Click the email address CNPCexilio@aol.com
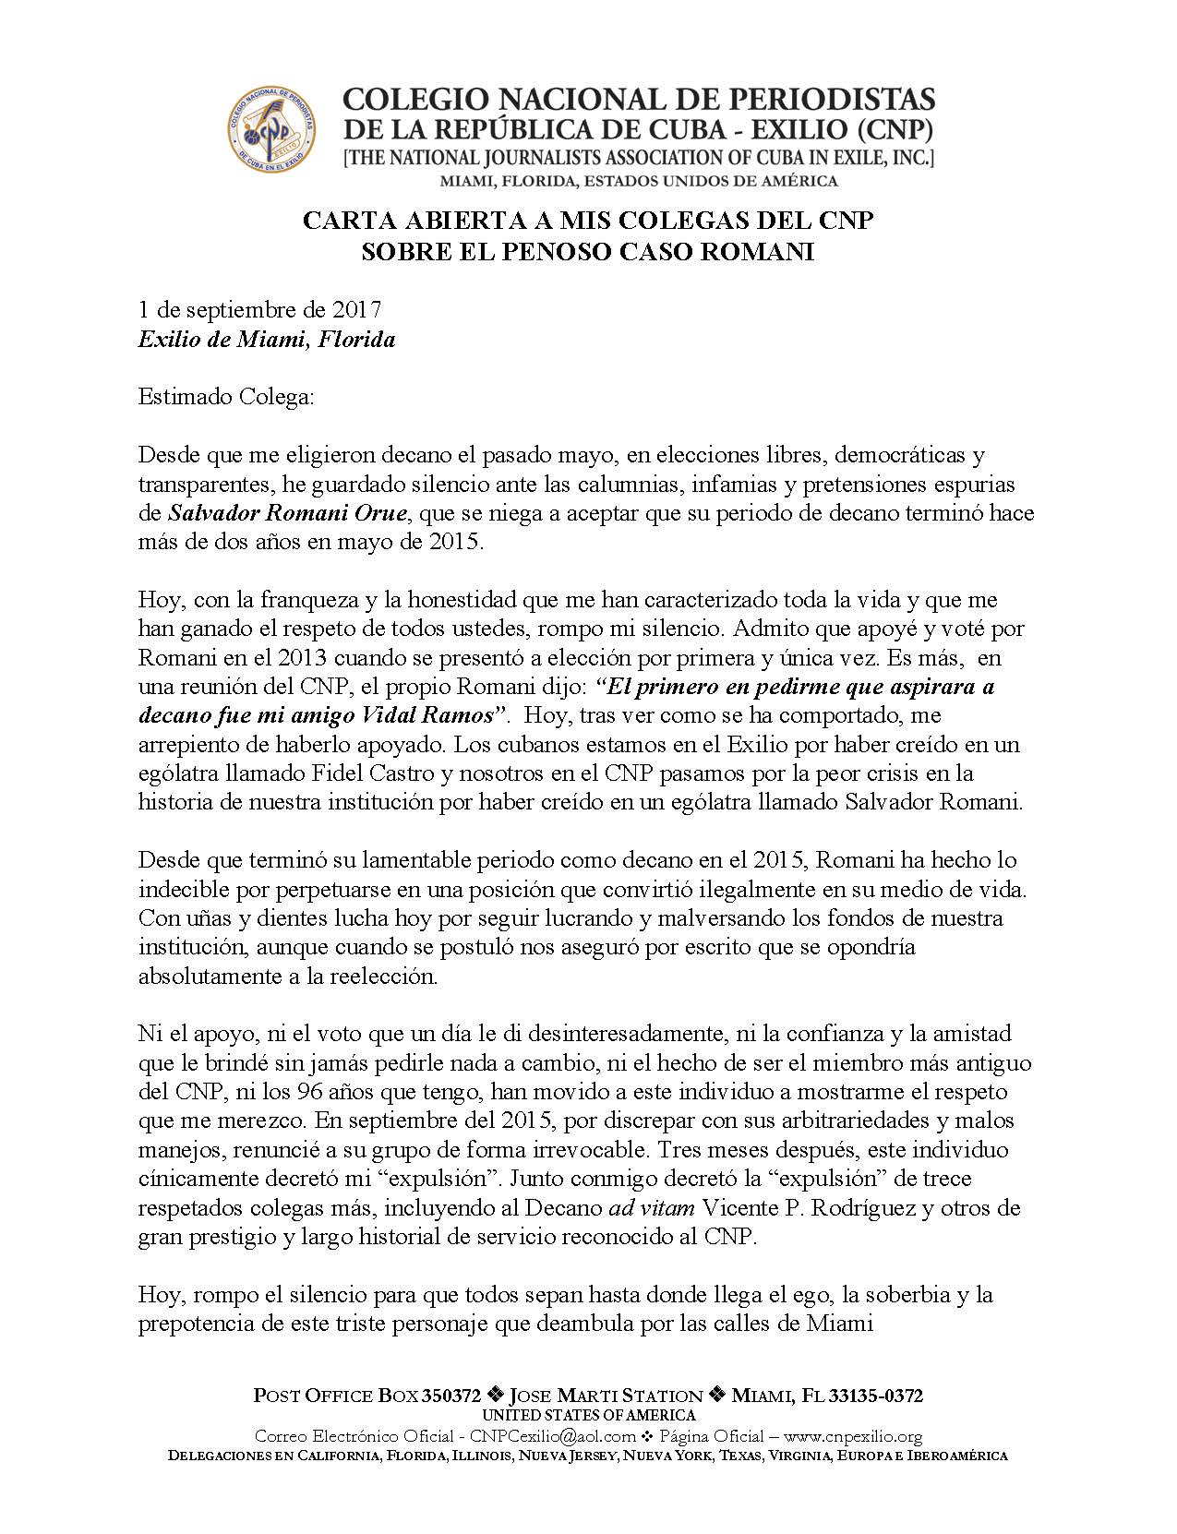coord(553,1436)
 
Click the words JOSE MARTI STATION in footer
coord(606,1396)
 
